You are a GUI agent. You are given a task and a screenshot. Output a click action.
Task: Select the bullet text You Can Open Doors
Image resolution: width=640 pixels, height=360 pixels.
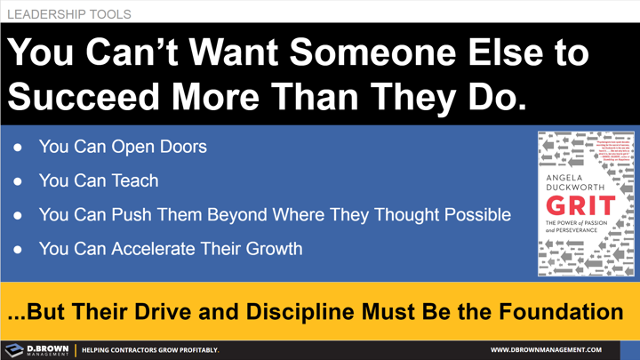122,147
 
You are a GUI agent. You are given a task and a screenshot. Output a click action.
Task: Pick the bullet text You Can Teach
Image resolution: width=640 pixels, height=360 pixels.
98,180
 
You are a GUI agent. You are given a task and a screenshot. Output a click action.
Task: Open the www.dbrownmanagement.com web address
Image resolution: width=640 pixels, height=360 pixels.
546,350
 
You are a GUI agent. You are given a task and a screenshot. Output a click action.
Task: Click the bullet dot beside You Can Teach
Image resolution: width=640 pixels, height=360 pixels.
18,181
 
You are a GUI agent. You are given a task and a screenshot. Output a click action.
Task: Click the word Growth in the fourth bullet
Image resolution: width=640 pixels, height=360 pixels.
270,248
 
